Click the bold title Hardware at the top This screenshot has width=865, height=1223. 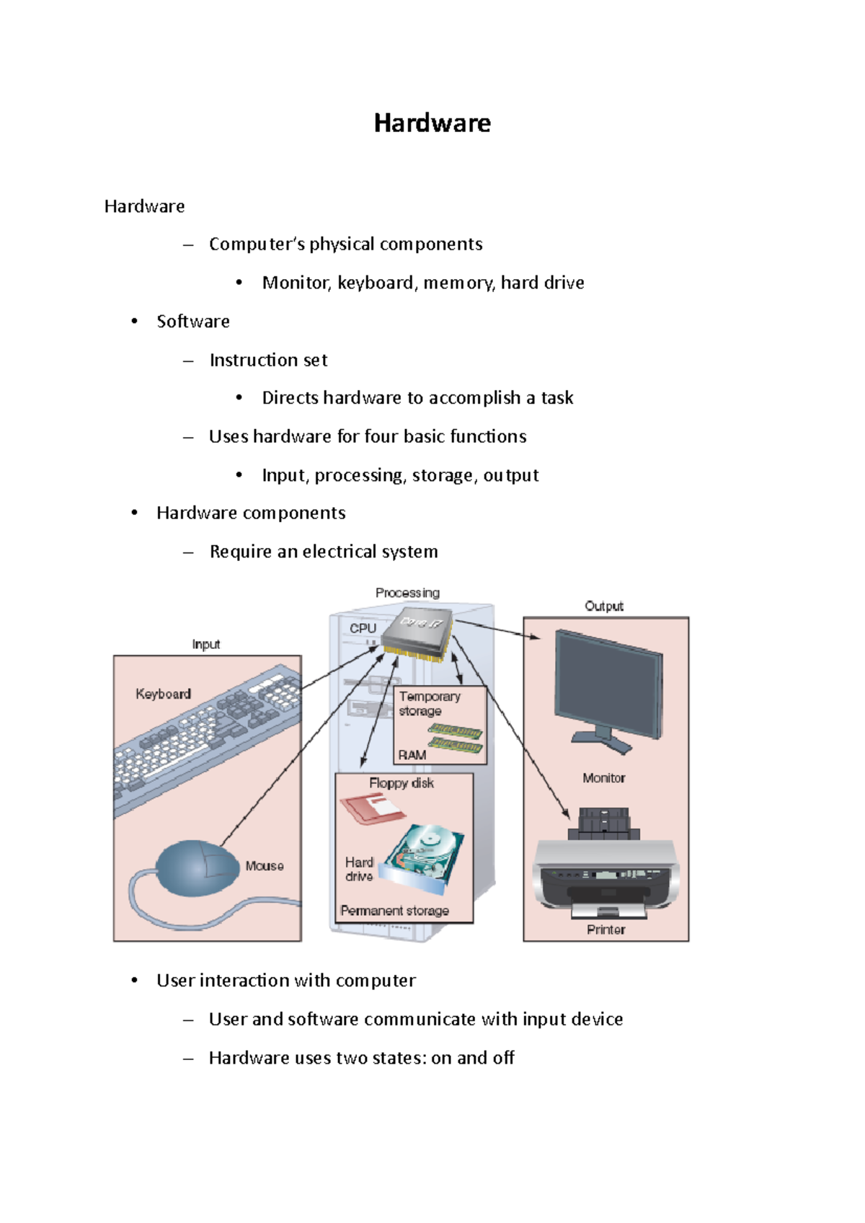pos(432,123)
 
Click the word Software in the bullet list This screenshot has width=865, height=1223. pos(193,322)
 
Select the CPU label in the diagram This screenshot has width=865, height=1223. pos(363,628)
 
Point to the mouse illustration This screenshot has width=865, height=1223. pos(197,867)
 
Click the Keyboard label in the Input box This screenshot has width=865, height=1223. pos(164,694)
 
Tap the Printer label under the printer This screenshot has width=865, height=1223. pos(605,930)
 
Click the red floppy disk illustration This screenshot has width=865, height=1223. pos(371,808)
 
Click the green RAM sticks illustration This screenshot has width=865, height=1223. pos(456,738)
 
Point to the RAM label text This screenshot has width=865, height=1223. pos(412,755)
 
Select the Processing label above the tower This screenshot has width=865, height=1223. pos(407,593)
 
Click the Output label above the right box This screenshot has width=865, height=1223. pos(603,606)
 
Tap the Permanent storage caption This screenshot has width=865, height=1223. pos(394,911)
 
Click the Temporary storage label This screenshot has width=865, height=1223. pos(429,703)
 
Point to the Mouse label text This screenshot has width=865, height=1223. pos(264,866)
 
